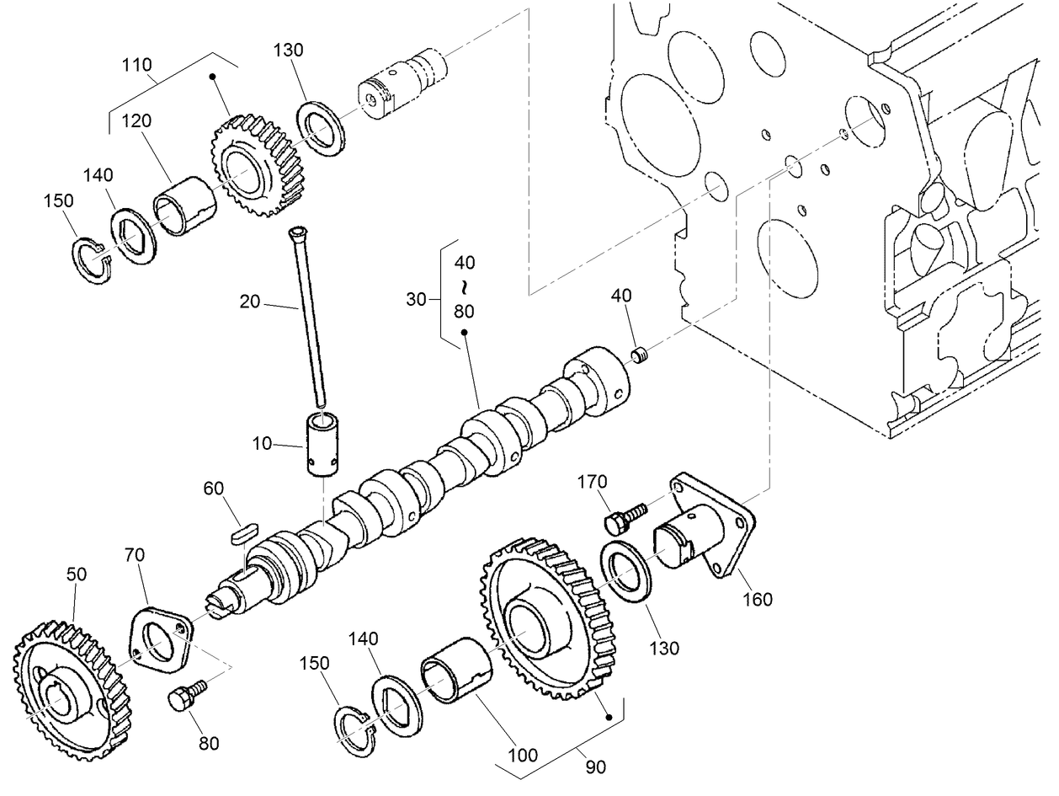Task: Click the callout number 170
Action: pos(592,483)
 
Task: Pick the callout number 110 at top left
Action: pos(136,64)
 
